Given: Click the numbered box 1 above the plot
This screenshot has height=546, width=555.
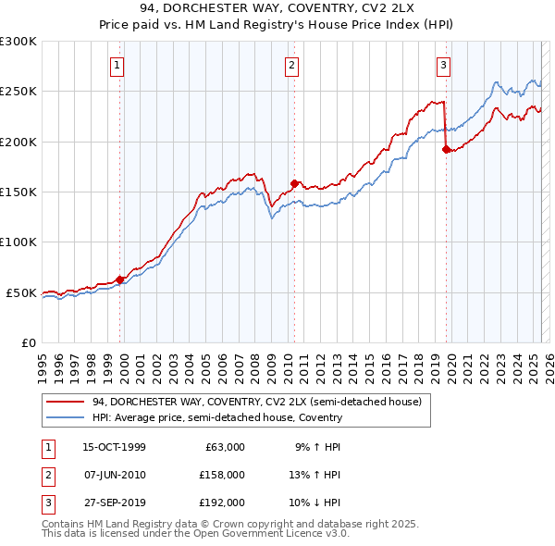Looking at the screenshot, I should [119, 65].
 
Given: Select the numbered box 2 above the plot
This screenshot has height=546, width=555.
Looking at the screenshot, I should [291, 65].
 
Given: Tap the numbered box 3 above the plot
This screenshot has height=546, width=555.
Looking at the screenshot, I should [444, 65].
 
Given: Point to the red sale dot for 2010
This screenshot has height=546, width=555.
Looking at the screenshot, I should [294, 183].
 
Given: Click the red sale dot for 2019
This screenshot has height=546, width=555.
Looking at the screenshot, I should [446, 149].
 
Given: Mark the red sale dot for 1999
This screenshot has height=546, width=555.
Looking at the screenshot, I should [119, 279].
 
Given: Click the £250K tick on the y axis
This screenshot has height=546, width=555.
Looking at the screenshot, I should [18, 92].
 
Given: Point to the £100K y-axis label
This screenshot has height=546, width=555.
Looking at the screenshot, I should [18, 242].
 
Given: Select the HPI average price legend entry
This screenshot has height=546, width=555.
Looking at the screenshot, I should [217, 417].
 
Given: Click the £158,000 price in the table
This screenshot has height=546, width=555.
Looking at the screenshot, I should [222, 475].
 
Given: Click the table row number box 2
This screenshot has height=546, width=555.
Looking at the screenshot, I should [47, 475].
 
